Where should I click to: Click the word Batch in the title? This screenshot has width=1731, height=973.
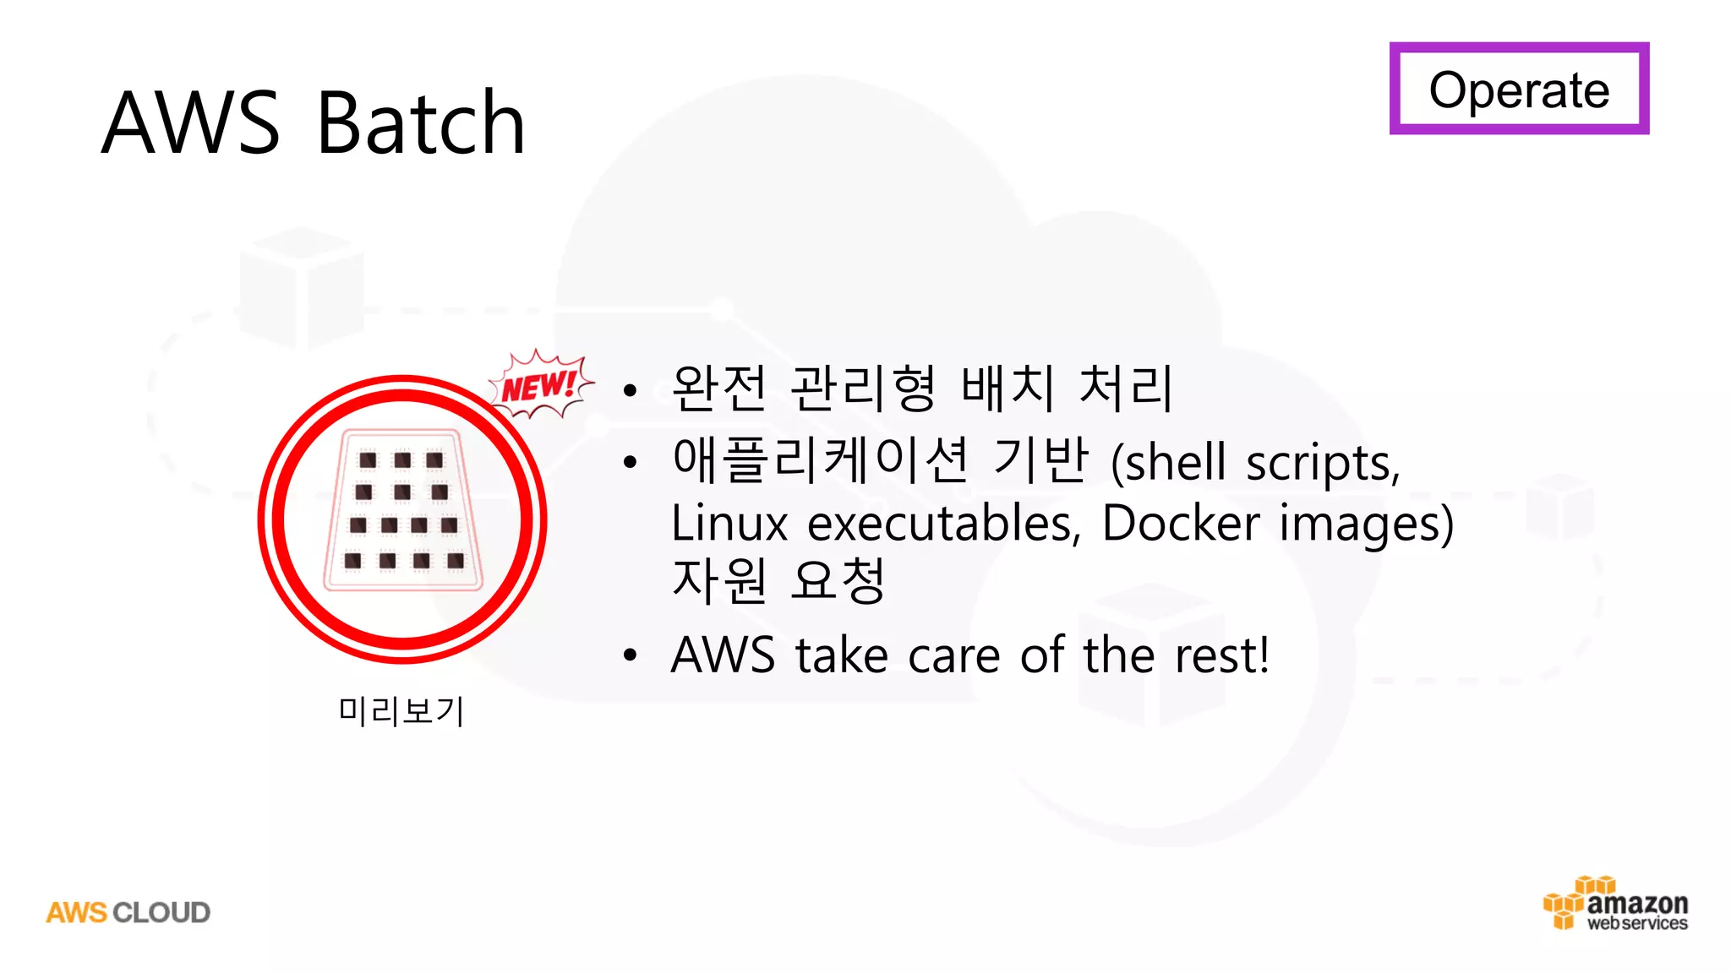(420, 123)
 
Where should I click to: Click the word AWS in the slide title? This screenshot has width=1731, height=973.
(190, 123)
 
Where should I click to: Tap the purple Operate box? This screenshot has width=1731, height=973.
(1519, 89)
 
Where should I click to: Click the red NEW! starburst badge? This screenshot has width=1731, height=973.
(539, 386)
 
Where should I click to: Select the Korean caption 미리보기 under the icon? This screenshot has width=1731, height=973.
(401, 711)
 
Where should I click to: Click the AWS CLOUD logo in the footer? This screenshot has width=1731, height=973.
(128, 912)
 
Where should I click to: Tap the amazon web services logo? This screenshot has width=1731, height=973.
(1616, 905)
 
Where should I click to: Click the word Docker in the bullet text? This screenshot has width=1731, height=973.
(1181, 523)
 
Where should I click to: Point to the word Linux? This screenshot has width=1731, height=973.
(729, 523)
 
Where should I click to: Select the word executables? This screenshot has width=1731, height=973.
(944, 523)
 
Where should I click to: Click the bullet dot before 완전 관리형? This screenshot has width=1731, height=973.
(630, 390)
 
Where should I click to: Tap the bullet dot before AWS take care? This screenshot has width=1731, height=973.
(630, 655)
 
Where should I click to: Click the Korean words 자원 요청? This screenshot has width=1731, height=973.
(778, 580)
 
